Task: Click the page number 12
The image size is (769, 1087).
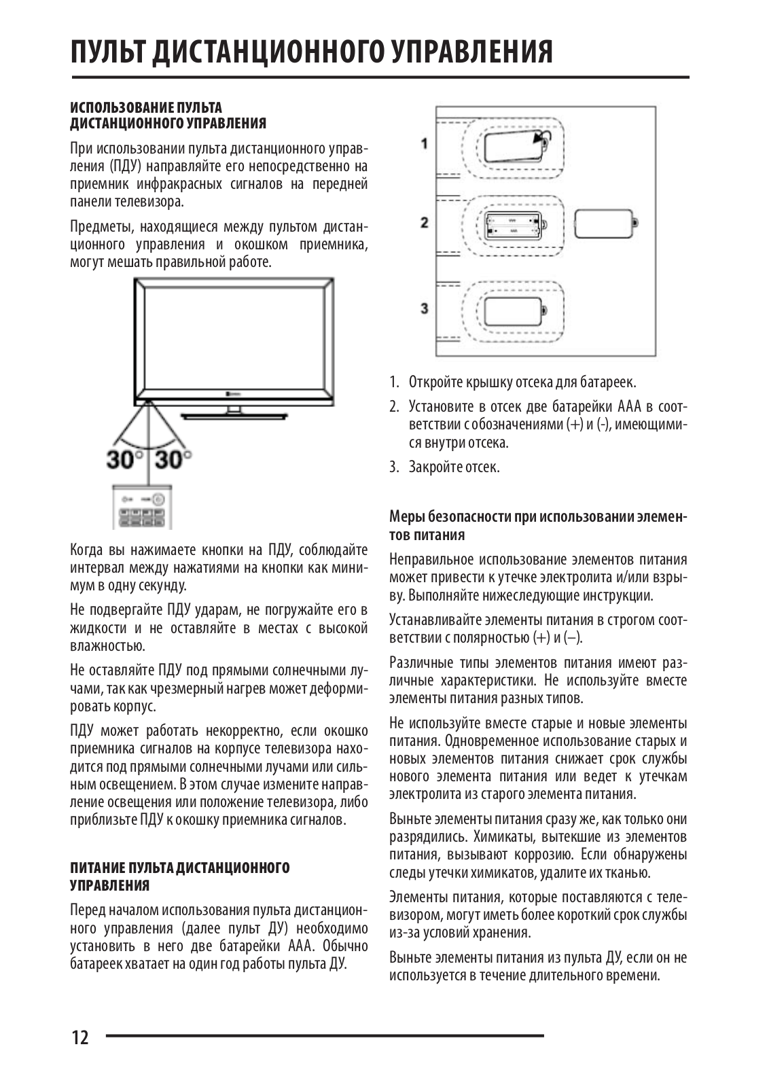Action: pyautogui.click(x=79, y=1037)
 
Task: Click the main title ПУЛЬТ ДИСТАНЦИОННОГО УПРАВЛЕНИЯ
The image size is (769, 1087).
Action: pyautogui.click(x=311, y=52)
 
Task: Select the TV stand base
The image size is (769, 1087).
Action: pyautogui.click(x=234, y=412)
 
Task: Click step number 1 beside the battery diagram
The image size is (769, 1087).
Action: pyautogui.click(x=425, y=143)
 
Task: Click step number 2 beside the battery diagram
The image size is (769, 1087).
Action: pyautogui.click(x=425, y=223)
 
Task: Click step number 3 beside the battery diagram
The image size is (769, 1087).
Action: pyautogui.click(x=425, y=308)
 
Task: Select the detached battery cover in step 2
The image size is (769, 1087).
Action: pyautogui.click(x=605, y=224)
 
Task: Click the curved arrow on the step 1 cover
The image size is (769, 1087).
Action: pyautogui.click(x=542, y=141)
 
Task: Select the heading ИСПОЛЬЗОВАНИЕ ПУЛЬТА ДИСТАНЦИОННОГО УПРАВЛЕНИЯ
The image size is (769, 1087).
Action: pyautogui.click(x=168, y=115)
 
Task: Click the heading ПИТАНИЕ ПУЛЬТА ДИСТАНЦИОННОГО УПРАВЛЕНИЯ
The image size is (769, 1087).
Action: pyautogui.click(x=180, y=876)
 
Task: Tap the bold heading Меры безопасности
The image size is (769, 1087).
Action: pyautogui.click(x=537, y=526)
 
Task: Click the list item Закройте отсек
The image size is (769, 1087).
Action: pyautogui.click(x=454, y=467)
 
